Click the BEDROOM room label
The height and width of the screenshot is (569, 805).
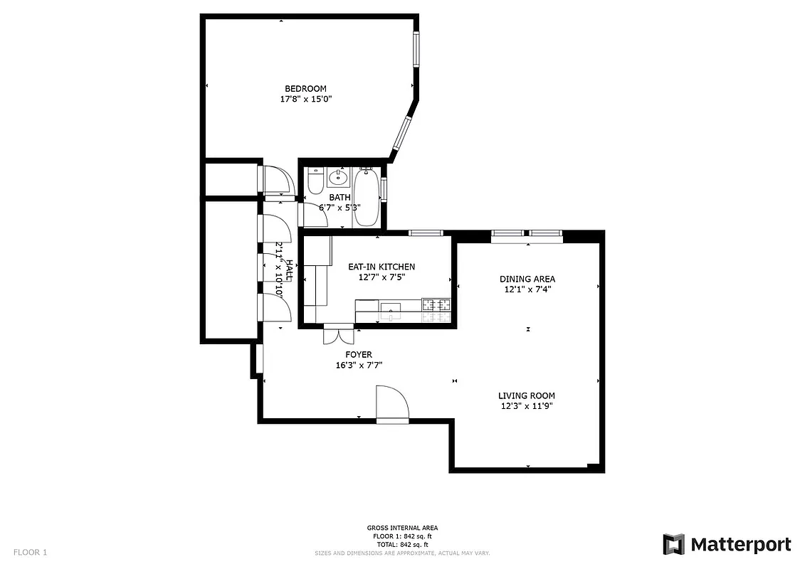coord(305,88)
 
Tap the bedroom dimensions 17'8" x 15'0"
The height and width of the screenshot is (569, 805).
coord(305,100)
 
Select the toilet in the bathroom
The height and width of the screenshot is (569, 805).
coord(315,182)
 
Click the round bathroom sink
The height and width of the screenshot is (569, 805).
coord(338,177)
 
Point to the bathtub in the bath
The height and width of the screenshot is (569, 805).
coord(367,196)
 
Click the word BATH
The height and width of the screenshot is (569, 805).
coord(339,198)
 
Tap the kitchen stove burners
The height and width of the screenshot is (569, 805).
coord(437,306)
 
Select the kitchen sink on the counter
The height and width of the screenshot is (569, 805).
coord(391,309)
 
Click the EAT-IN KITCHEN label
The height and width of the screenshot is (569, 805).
coord(381,267)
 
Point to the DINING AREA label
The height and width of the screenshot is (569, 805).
coord(527,279)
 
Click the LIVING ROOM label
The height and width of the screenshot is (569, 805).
coord(526,395)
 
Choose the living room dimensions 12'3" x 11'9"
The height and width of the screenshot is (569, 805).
coord(526,406)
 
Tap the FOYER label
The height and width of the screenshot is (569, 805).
coord(359,354)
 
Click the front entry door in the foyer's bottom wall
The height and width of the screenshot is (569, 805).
coord(392,405)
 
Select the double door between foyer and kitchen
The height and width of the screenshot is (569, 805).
coord(338,334)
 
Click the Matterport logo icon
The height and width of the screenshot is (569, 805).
coord(673,544)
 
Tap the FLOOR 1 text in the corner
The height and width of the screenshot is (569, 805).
coord(30,552)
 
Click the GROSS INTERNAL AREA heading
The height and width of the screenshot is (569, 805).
coord(402,528)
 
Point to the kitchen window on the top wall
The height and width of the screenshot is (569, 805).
coord(426,233)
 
